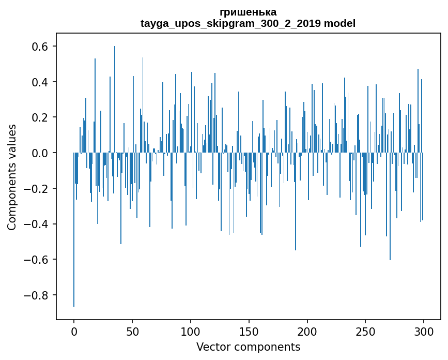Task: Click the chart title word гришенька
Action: point(248,12)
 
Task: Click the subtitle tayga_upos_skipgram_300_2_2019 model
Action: point(248,23)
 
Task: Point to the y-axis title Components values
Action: point(11,177)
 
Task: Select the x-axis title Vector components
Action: point(248,347)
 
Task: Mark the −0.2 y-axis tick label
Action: point(37,189)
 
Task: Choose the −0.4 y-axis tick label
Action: point(37,224)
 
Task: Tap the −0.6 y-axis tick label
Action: point(37,260)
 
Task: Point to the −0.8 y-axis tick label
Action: point(37,295)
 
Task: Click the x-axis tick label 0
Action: point(74,331)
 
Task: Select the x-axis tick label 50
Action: point(132,331)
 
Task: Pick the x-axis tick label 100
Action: point(191,331)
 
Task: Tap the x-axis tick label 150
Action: point(249,331)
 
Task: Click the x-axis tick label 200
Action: point(307,331)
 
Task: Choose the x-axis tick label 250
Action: point(365,331)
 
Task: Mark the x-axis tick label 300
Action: point(424,331)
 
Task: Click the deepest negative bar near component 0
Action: point(74,259)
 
